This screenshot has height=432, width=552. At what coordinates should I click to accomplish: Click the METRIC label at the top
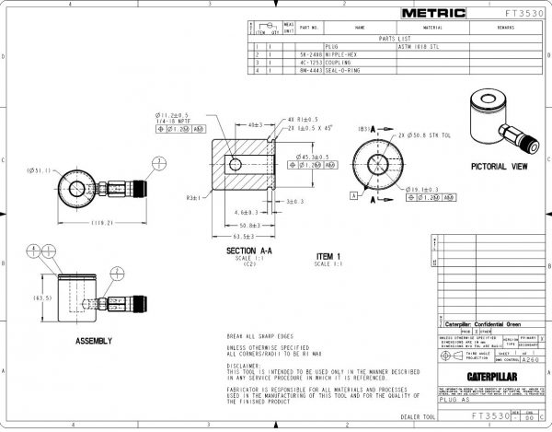pyautogui.click(x=435, y=13)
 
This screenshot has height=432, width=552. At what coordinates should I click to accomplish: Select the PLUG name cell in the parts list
pyautogui.click(x=332, y=47)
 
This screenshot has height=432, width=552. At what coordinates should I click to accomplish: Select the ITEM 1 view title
pyautogui.click(x=328, y=255)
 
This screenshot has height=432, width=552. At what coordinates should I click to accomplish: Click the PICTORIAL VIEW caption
pyautogui.click(x=499, y=167)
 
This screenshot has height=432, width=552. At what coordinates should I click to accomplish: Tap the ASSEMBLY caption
pyautogui.click(x=94, y=341)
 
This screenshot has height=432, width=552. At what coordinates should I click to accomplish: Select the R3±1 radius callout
pyautogui.click(x=193, y=197)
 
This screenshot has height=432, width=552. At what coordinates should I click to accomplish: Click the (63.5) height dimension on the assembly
pyautogui.click(x=42, y=298)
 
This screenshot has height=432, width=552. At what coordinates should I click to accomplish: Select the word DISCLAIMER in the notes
pyautogui.click(x=245, y=364)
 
